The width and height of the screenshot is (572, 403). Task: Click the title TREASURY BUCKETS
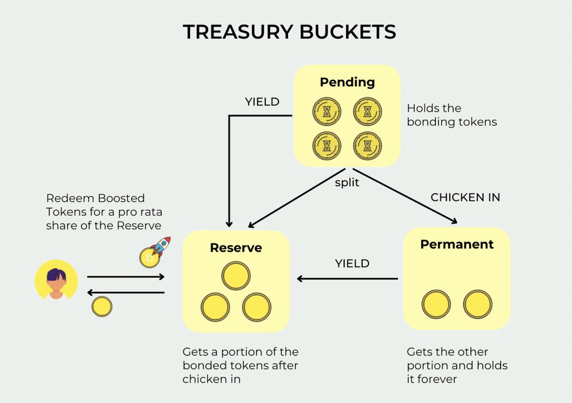click(x=289, y=32)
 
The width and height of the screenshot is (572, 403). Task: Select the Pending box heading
click(x=347, y=82)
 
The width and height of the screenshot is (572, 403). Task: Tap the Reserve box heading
click(x=236, y=248)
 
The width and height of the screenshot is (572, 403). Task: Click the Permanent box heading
click(x=457, y=244)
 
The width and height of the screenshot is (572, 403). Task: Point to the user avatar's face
click(x=56, y=281)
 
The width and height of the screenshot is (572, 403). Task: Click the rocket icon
click(x=162, y=246)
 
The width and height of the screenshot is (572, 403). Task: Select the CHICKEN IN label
click(x=465, y=197)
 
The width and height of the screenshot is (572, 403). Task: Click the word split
click(x=347, y=183)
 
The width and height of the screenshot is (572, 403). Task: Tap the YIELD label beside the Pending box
click(x=262, y=102)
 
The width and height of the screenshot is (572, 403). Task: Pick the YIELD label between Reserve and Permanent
click(x=352, y=263)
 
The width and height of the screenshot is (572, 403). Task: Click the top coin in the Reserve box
click(x=236, y=276)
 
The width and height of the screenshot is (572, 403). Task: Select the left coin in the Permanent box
click(x=436, y=304)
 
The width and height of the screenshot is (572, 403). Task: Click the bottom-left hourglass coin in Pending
click(x=327, y=145)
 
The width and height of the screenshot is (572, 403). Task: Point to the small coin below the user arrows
click(x=102, y=307)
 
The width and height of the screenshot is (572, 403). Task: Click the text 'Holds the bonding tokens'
click(x=451, y=115)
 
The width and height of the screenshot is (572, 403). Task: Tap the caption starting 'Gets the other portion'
click(x=457, y=365)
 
